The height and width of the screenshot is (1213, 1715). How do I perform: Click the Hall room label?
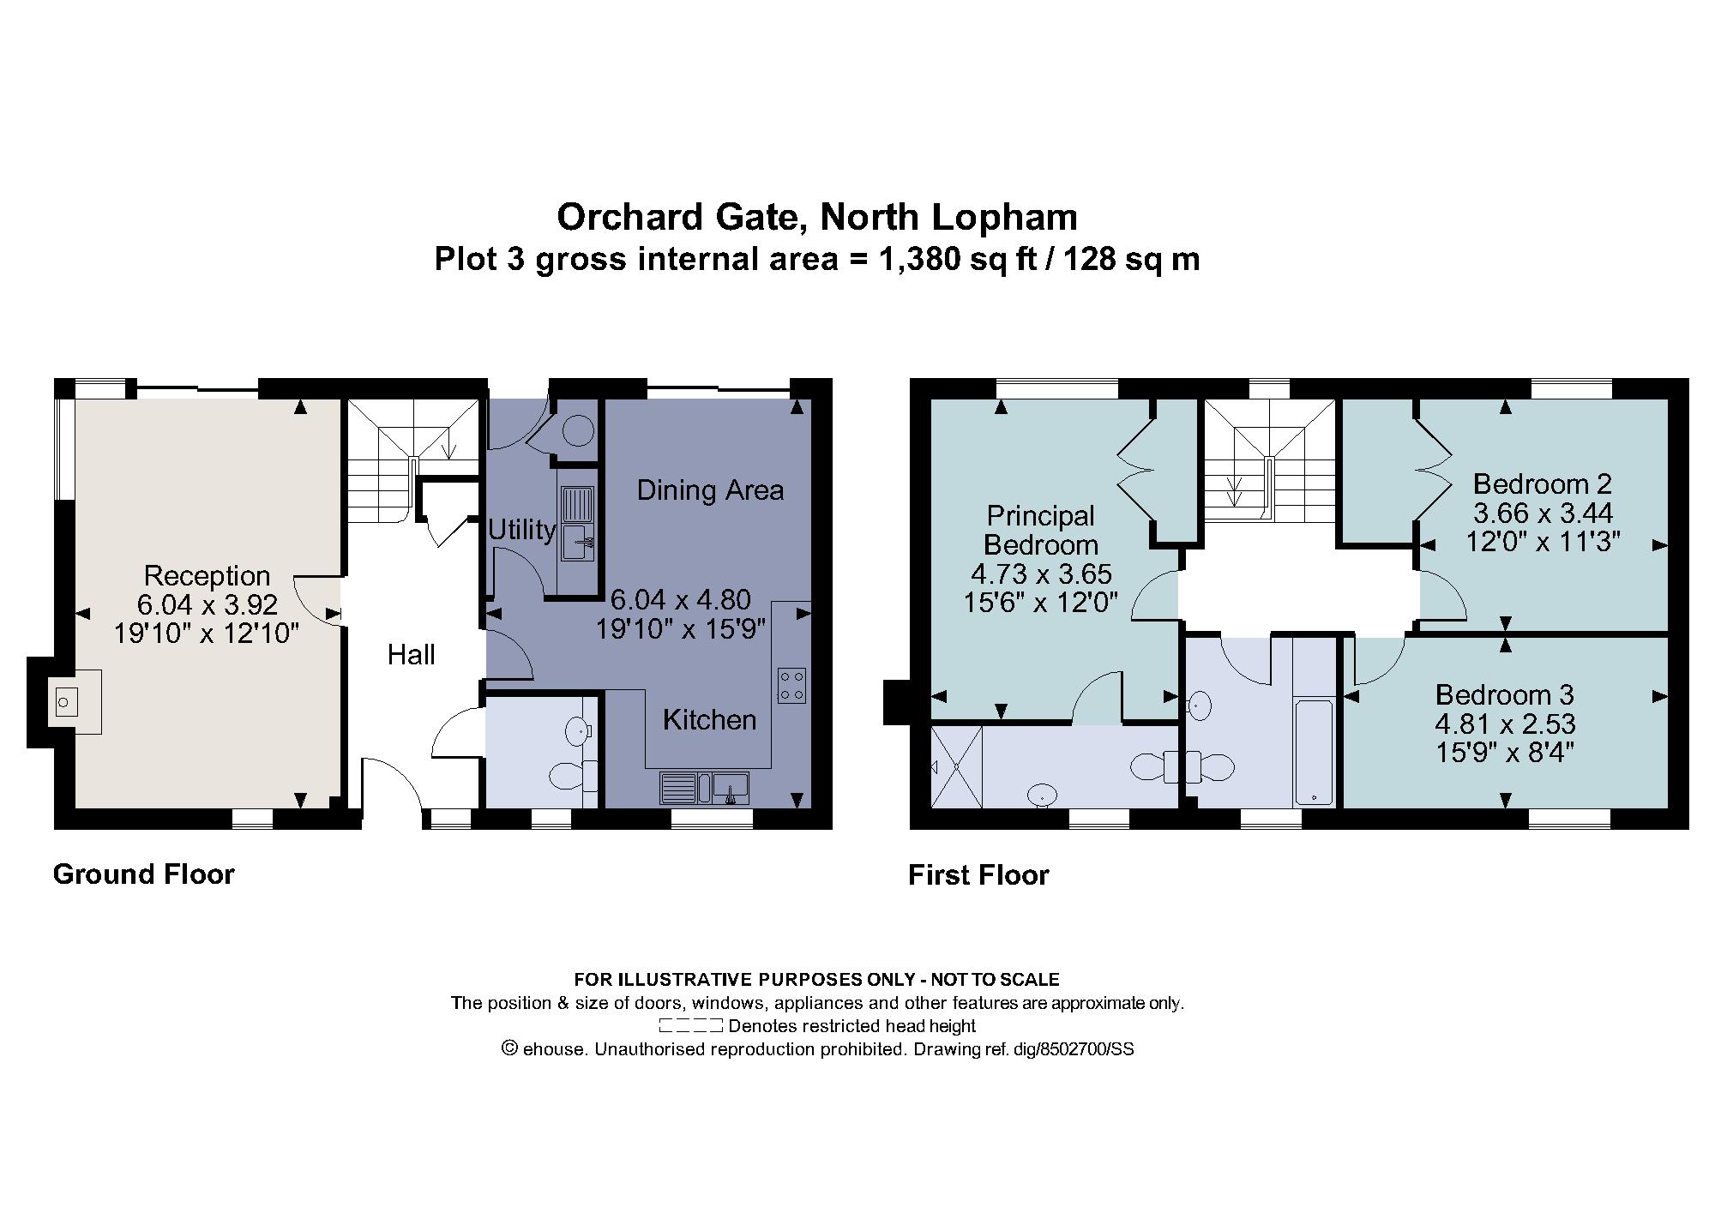[411, 655]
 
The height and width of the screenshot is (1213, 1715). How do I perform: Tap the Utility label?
[521, 530]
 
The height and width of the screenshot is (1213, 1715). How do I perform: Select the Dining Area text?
[710, 490]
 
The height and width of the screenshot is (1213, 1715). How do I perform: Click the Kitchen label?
[710, 719]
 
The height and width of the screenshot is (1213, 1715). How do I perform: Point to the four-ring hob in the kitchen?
[791, 685]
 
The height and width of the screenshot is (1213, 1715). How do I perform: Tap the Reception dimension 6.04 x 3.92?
[208, 605]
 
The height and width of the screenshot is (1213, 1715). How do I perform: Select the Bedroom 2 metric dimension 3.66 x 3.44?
[1543, 513]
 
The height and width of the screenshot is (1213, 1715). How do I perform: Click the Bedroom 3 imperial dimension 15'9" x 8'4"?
[1505, 752]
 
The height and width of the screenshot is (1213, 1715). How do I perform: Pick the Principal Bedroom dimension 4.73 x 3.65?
[1041, 573]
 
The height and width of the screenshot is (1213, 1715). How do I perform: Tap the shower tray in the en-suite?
[956, 766]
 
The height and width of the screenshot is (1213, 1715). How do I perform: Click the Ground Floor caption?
[144, 874]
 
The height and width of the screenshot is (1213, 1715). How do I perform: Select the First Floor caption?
[978, 875]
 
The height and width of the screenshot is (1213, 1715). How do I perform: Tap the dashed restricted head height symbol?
[691, 1026]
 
